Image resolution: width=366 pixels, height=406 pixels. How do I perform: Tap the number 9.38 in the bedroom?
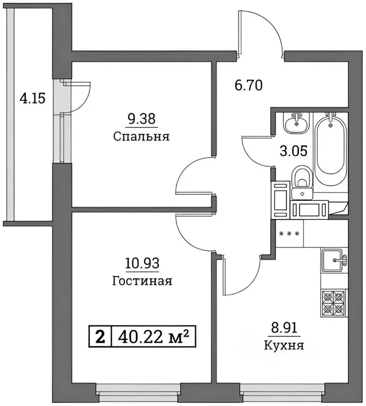point(140,119)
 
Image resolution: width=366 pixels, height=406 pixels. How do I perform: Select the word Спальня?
point(140,136)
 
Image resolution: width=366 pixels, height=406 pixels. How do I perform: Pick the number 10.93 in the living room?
point(142,263)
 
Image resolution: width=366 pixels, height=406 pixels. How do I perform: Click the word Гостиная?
point(142,280)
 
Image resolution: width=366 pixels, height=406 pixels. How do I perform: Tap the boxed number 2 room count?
point(100,336)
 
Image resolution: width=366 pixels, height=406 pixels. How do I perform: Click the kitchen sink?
point(334,259)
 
